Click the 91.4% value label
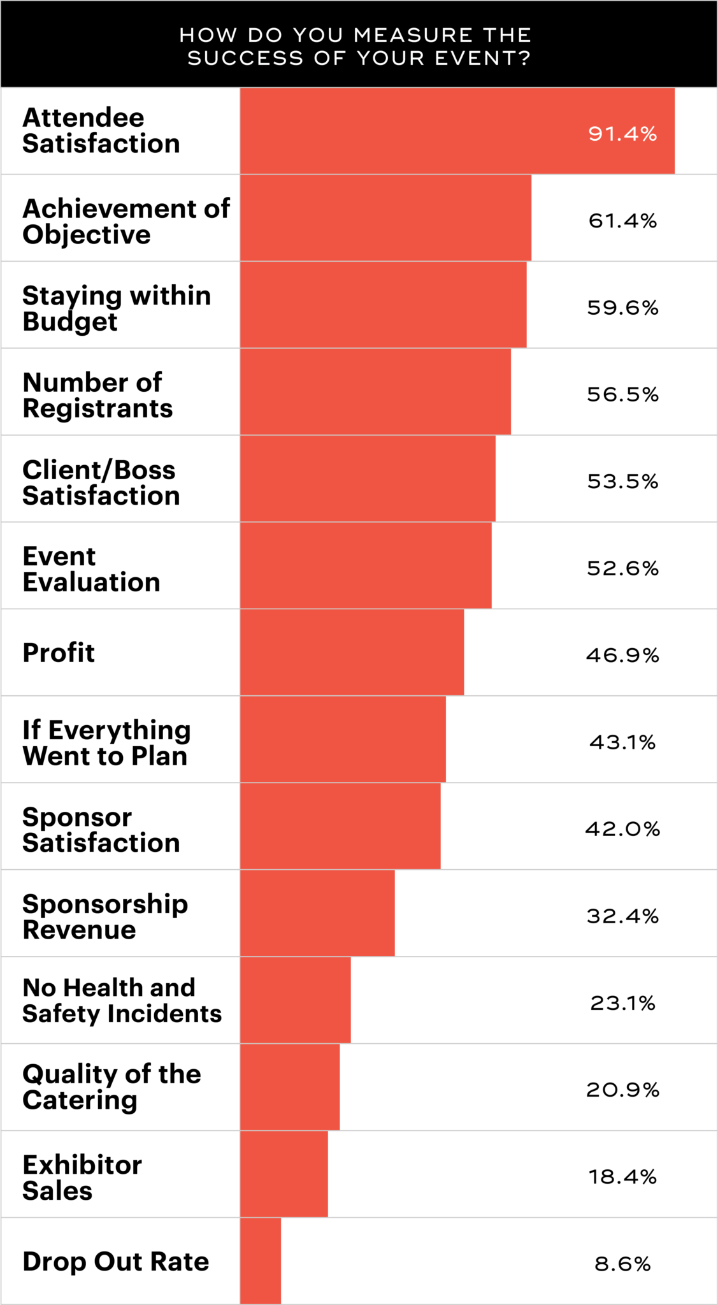622,134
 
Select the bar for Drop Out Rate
261,1261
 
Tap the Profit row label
59,652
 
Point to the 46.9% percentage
622,655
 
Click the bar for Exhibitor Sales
284,1174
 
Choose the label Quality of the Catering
111,1087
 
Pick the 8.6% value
622,1264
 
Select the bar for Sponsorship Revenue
317,913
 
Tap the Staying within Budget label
117,308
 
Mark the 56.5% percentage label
622,394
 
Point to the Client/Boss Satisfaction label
101,482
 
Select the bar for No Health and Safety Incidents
296,1000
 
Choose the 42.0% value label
622,829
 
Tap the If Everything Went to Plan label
106,743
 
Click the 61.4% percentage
622,220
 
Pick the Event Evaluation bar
366,566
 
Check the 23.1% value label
622,1003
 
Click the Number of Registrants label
97,395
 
